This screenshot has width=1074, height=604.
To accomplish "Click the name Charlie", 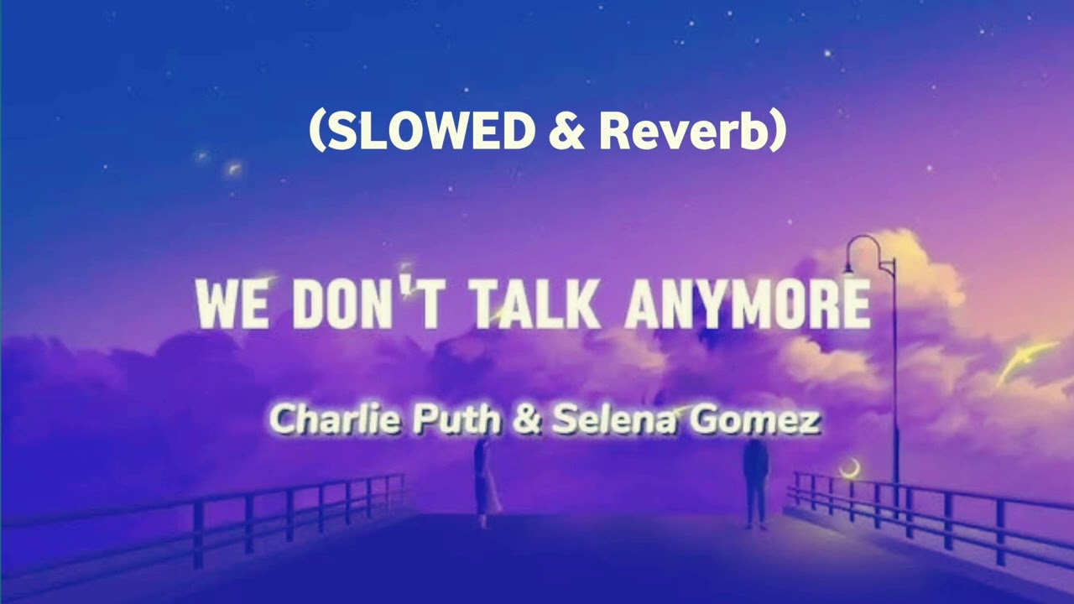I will click(336, 419).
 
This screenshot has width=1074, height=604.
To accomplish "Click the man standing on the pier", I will click(755, 482).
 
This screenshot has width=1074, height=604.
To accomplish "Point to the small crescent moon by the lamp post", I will click(851, 468).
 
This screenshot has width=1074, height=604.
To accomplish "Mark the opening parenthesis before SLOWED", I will click(317, 133).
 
